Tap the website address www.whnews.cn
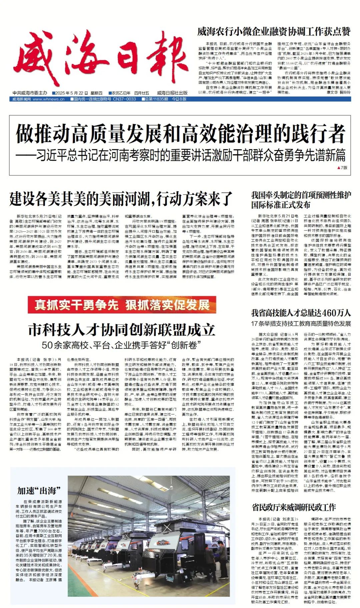49,99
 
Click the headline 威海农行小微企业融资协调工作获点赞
274,32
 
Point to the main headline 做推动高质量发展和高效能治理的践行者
180,133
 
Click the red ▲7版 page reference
342,167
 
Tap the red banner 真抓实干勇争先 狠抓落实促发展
122,305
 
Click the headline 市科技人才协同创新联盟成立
122,330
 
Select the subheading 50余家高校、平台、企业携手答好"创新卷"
122,345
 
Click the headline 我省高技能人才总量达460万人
301,313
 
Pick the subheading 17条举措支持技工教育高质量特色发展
301,324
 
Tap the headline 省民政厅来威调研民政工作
294,508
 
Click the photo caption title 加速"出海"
39,491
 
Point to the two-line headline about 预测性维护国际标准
301,200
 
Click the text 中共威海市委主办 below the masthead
30,93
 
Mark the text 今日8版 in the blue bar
179,99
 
